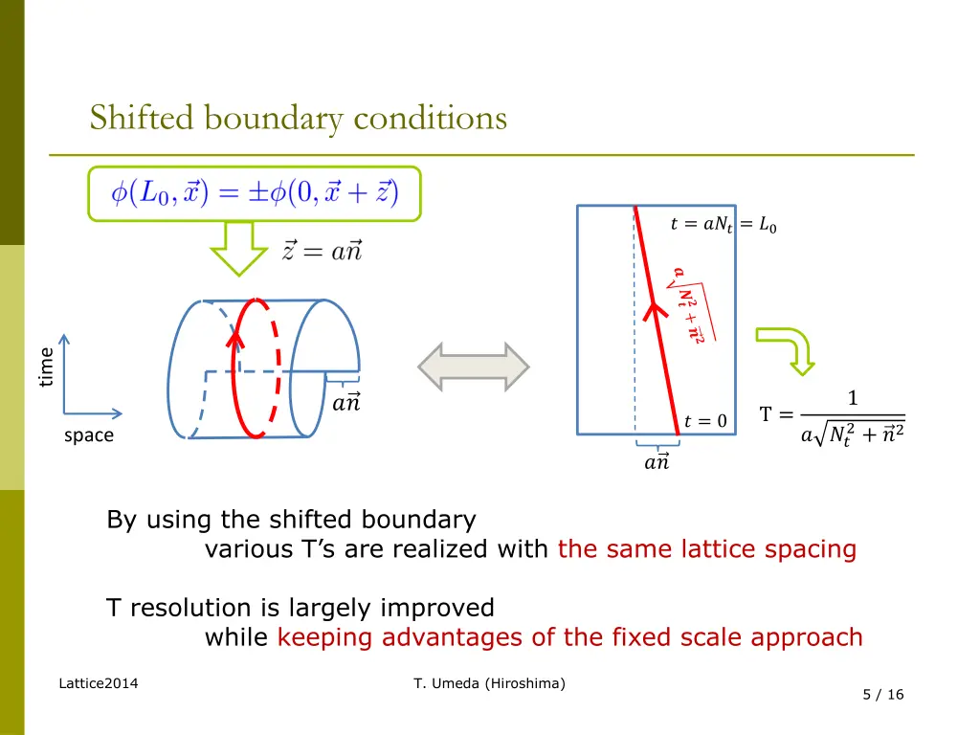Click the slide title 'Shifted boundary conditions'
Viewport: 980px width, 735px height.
(298, 119)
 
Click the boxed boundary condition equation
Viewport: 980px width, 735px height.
(255, 193)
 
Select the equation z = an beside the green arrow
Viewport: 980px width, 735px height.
(322, 251)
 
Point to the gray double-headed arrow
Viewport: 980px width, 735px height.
(474, 367)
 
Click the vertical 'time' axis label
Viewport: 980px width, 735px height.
(45, 367)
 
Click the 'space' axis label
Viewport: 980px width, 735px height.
(89, 435)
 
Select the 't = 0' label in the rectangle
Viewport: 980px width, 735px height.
(706, 421)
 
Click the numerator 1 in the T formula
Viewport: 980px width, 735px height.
(853, 398)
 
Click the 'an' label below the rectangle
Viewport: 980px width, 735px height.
(657, 462)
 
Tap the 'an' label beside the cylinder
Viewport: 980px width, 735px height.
(345, 403)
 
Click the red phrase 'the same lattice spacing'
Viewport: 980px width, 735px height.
(706, 549)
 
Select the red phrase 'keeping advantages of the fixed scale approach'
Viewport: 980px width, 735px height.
(570, 637)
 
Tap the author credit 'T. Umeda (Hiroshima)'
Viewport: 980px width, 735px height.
(489, 682)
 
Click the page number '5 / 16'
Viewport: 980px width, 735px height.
(882, 695)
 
